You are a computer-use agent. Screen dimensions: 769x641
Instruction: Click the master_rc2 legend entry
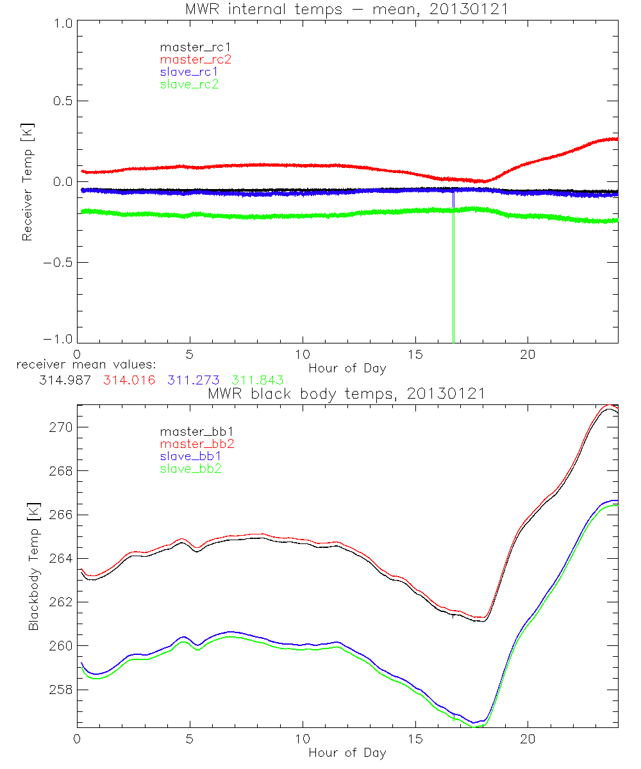(x=196, y=60)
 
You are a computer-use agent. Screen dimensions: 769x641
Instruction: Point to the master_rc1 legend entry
(x=196, y=47)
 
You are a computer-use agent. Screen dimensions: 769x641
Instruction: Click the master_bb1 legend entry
(x=196, y=432)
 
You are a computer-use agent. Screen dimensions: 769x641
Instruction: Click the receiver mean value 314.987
(x=65, y=380)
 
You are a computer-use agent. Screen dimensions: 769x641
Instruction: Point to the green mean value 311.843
(x=258, y=380)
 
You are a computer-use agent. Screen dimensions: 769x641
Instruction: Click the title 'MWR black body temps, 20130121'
(x=347, y=393)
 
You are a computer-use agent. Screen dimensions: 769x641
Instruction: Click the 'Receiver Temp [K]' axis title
(x=27, y=182)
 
